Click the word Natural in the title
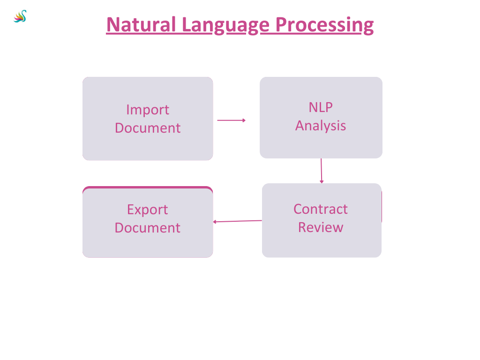coord(141,24)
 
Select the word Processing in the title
coord(324,24)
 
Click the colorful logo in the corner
coord(20,17)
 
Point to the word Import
coord(148,110)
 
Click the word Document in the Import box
coord(148,128)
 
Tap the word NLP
coord(321,107)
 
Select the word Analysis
coord(321,126)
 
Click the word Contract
coord(321,209)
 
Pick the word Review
coord(321,227)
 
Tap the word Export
coord(148,210)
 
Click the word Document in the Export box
coord(148,228)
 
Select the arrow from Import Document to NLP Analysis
coord(231,120)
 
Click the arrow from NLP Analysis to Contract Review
coord(322,170)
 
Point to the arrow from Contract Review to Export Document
coord(238,221)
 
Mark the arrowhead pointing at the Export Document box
coord(215,222)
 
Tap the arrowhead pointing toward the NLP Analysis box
coord(244,120)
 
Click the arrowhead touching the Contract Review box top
coord(322,181)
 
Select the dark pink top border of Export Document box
coord(148,187)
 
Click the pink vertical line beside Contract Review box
coord(382,207)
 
